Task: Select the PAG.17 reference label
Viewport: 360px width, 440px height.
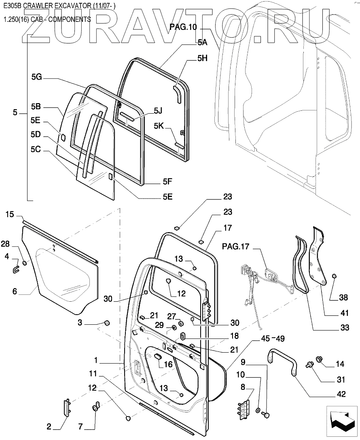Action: pos(236,247)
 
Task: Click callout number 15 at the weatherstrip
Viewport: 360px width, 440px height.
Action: pos(10,214)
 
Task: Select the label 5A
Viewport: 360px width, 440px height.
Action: pos(202,42)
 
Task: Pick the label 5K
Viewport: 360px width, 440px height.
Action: pos(159,126)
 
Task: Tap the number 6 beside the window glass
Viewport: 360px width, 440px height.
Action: pos(15,291)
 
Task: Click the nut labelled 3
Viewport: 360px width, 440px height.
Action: pos(107,323)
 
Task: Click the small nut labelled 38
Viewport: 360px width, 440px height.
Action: pos(334,276)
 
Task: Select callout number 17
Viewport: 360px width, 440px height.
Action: pos(228,228)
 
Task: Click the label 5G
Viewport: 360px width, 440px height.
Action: pos(36,76)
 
